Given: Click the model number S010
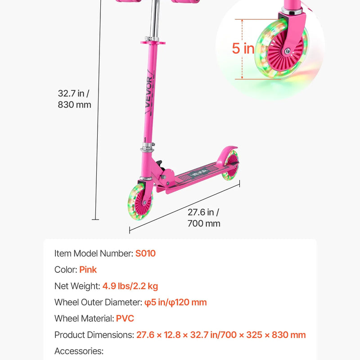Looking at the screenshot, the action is [145, 253].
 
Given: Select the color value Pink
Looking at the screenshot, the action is [88, 270].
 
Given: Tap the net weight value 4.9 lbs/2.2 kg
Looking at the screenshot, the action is [130, 286].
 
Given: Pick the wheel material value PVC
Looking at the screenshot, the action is [125, 319].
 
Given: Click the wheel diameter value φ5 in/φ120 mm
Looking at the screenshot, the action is [175, 302].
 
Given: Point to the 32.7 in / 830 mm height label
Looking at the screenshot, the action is [74, 99].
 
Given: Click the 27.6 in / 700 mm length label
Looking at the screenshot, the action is [204, 218].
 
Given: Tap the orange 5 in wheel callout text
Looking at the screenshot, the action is [243, 49].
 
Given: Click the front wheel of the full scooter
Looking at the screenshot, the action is [140, 202].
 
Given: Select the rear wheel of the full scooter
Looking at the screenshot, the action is [230, 166].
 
